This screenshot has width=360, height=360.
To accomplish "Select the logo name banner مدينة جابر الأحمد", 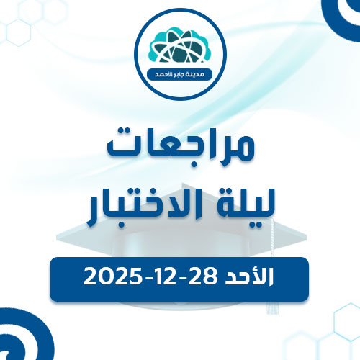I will (179, 74).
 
